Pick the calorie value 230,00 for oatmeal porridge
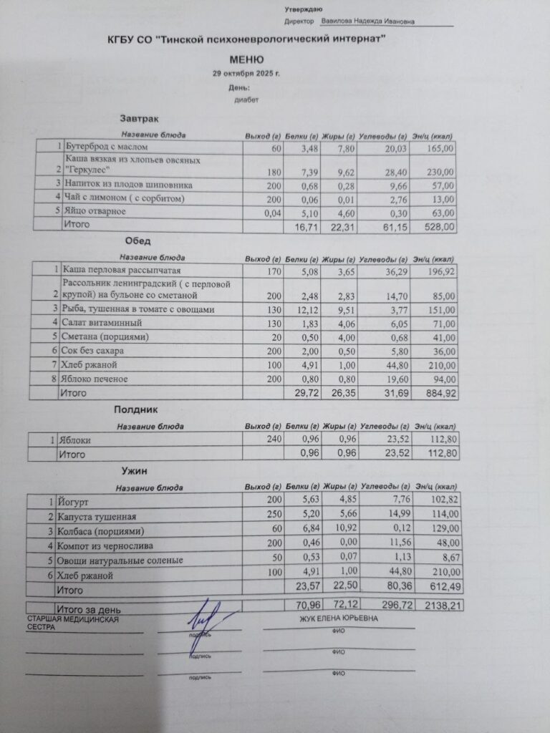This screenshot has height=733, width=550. (440, 173)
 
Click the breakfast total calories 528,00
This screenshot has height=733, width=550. (440, 226)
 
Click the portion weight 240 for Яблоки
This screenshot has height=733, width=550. (271, 440)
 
